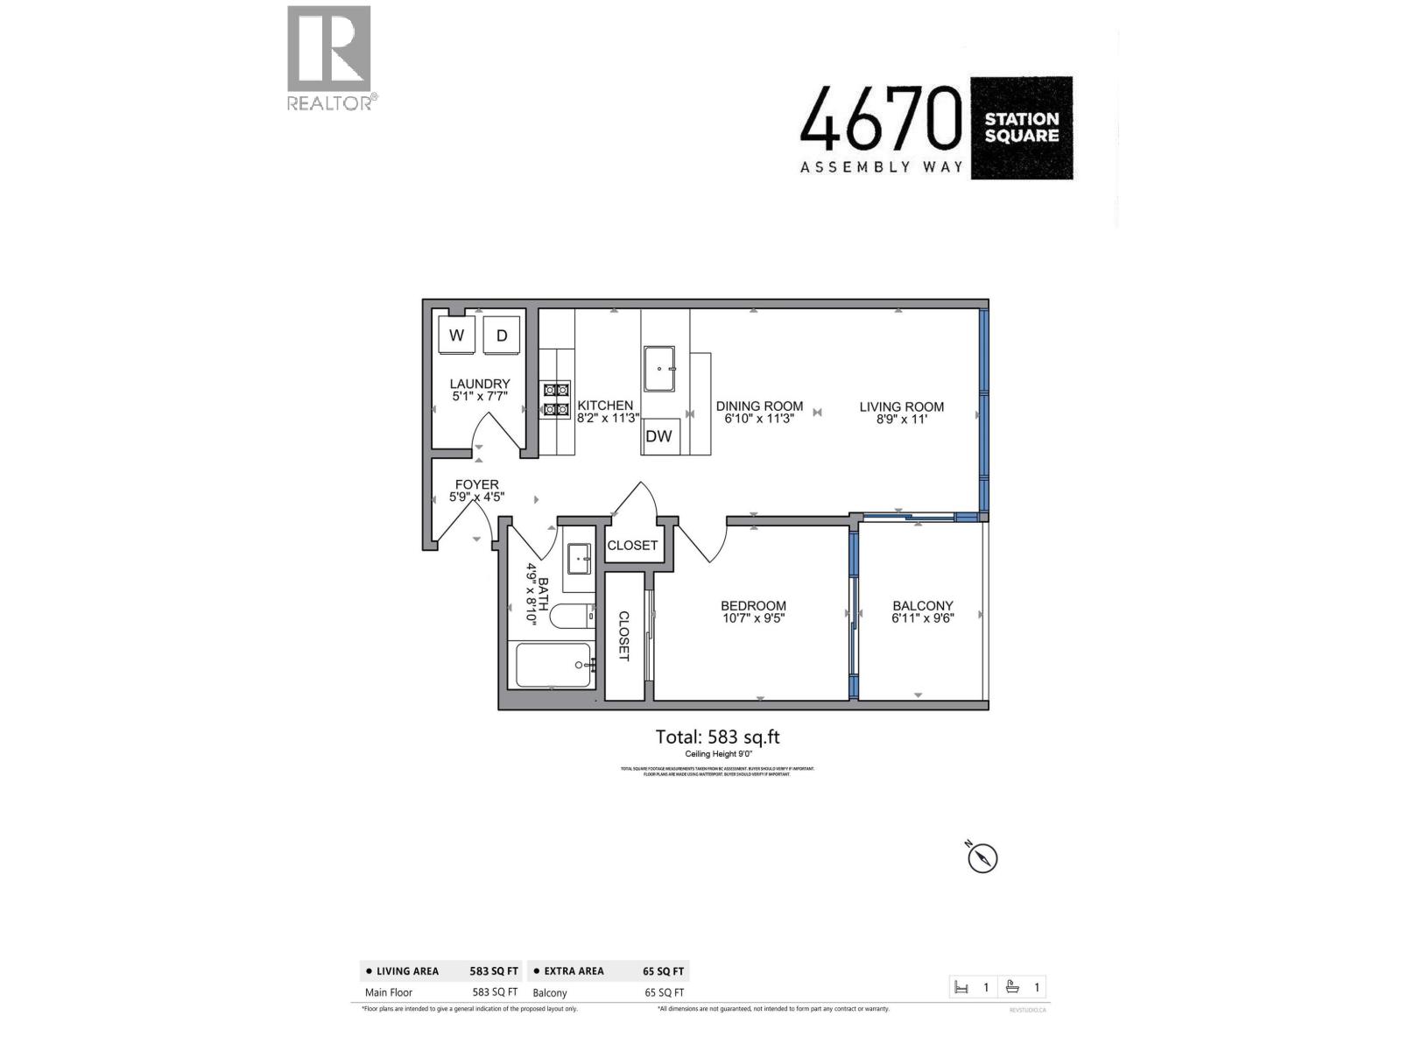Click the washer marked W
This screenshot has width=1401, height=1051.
pyautogui.click(x=456, y=335)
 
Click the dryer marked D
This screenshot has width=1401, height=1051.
pyautogui.click(x=502, y=335)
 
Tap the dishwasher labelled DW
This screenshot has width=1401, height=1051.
pyautogui.click(x=658, y=436)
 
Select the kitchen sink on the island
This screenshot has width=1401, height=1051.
pyautogui.click(x=659, y=369)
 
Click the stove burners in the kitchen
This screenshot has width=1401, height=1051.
pyautogui.click(x=556, y=399)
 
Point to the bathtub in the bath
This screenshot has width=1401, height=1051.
pyautogui.click(x=553, y=666)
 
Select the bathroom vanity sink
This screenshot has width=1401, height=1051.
pyautogui.click(x=579, y=556)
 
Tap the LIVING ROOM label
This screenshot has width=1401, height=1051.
pyautogui.click(x=901, y=406)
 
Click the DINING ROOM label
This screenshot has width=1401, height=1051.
pyautogui.click(x=759, y=406)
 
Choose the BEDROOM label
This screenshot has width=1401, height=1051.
pyautogui.click(x=753, y=605)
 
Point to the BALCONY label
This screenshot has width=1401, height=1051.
pyautogui.click(x=923, y=605)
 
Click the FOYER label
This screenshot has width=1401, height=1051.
pyautogui.click(x=476, y=484)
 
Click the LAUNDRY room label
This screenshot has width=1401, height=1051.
pyautogui.click(x=480, y=384)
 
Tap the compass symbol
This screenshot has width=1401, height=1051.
pyautogui.click(x=982, y=857)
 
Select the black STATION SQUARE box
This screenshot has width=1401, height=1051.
pyautogui.click(x=1021, y=128)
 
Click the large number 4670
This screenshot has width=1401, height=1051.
pyautogui.click(x=881, y=119)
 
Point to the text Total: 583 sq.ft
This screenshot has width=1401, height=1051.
pyautogui.click(x=717, y=737)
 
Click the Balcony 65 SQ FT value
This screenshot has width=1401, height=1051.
pyautogui.click(x=664, y=993)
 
